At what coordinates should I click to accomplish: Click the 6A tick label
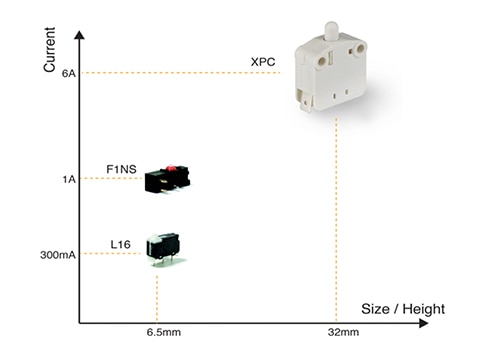pos(69,73)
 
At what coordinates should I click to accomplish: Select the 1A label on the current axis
pos(69,179)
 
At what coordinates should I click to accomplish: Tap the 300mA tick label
pos(58,255)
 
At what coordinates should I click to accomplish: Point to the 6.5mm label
pos(164,332)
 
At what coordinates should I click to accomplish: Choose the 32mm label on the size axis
pos(343,332)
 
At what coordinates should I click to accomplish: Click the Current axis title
pos(49,50)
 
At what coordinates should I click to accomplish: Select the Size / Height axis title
pos(403,309)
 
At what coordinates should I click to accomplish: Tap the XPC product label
pos(263,62)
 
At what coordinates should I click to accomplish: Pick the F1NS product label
pos(121,169)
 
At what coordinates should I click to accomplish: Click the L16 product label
pos(120,245)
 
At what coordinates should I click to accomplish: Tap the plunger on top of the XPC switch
pos(332,31)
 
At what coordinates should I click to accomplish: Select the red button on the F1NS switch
pos(171,168)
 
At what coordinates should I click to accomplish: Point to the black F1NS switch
pos(167,180)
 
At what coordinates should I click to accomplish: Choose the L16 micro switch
pos(163,248)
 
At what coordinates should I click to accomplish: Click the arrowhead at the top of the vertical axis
pos(79,35)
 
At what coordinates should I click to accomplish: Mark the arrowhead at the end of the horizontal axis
pos(423,323)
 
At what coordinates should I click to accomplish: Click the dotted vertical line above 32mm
pos(336,219)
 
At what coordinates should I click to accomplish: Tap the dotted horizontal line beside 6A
pos(181,73)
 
